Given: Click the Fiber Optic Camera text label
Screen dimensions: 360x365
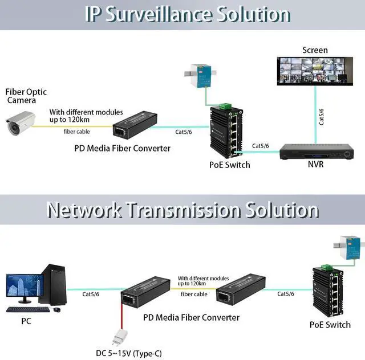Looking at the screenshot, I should click(x=26, y=96).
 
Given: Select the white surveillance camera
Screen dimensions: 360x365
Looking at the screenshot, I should click(x=21, y=122).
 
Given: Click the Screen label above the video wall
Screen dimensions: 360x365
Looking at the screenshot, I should click(x=315, y=50).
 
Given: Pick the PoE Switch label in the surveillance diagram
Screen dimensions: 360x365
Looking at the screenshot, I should click(x=229, y=165).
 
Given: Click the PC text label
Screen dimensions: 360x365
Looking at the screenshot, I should click(x=26, y=321).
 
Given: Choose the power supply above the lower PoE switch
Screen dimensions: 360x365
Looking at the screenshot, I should click(x=348, y=246).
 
